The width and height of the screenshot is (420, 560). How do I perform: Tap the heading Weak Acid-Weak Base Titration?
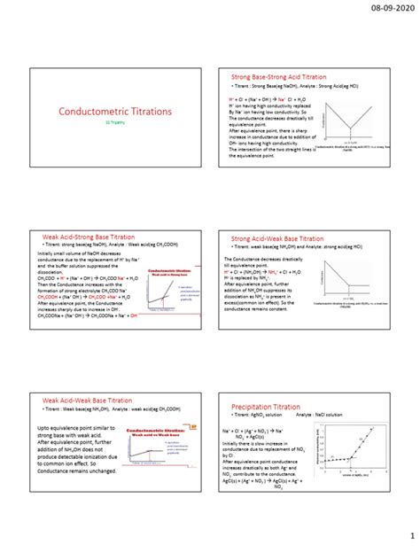(93, 401)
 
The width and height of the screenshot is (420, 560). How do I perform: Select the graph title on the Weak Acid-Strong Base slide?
(167, 272)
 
